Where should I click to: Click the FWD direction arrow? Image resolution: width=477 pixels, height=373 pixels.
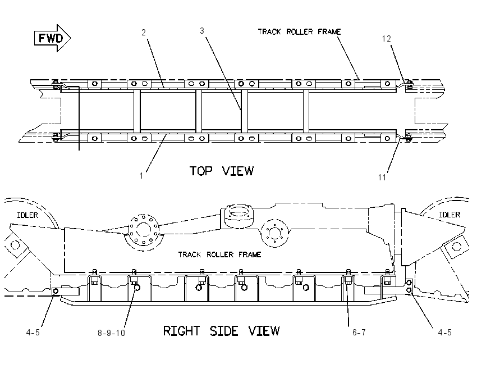click(52, 38)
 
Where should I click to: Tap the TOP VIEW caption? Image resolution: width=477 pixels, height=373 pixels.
click(222, 171)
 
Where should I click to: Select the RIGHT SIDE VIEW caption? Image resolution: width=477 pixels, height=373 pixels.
click(221, 331)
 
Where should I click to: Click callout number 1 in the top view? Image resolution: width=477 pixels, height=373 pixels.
click(141, 176)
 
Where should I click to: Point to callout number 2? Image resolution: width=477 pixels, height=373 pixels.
click(144, 32)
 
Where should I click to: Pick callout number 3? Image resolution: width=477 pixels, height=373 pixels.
click(202, 31)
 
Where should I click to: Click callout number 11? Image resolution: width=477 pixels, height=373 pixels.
click(382, 177)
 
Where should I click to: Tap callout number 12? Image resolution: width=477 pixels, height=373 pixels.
click(386, 39)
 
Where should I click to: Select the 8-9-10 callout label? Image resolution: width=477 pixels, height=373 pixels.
click(111, 333)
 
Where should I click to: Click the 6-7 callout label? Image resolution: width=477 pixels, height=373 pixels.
click(359, 332)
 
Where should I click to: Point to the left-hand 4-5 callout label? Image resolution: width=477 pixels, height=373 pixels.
click(33, 332)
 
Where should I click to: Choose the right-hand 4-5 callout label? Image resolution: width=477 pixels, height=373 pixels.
click(445, 332)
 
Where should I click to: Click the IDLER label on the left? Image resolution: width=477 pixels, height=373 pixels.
click(27, 215)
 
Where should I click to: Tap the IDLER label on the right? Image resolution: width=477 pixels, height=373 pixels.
click(450, 215)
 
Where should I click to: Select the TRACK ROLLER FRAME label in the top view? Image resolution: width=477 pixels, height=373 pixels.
click(299, 31)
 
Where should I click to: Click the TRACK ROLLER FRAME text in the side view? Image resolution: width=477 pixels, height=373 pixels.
click(219, 254)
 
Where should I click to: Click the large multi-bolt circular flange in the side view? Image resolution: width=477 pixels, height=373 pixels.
click(143, 230)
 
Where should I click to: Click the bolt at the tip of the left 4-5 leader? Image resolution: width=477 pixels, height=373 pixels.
click(56, 292)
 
